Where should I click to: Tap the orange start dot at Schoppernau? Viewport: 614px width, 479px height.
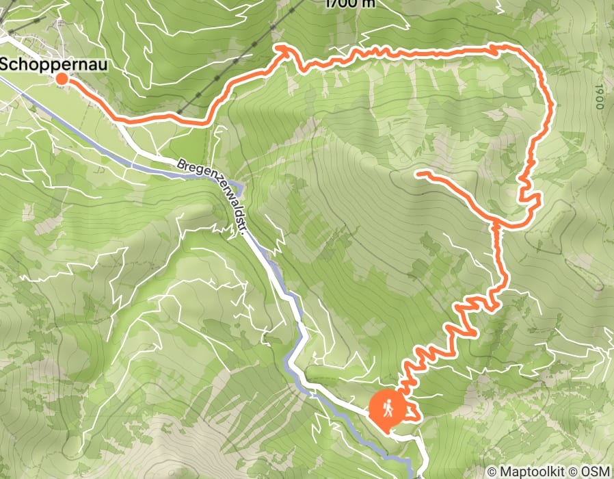[62, 79]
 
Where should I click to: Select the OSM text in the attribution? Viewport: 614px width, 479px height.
[596, 471]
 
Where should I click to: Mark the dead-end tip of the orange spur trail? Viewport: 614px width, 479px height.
[418, 174]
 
